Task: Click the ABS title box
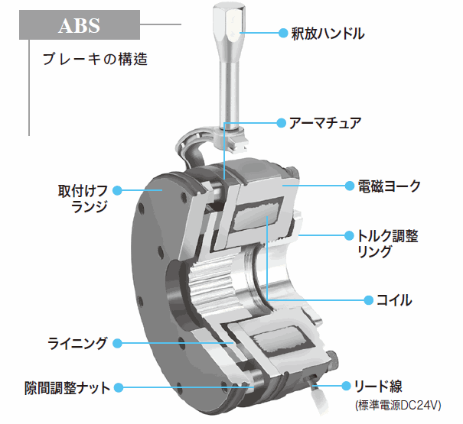coord(79,25)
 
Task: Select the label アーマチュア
coord(324,122)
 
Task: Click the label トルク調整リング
coord(389,244)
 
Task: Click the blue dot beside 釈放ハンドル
coord(280,34)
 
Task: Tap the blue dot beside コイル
coord(364,300)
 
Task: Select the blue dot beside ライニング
coord(118,343)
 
